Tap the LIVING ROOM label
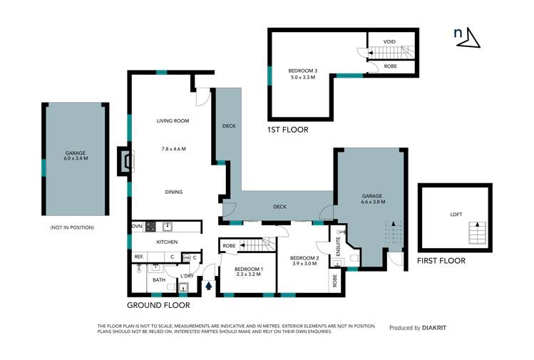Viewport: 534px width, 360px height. (173, 121)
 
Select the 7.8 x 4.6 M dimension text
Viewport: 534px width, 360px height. (173, 149)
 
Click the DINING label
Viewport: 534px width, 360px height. (173, 192)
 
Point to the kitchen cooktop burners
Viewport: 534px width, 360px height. (150, 227)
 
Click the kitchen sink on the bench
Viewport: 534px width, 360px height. (168, 227)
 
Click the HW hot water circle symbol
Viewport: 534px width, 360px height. (186, 257)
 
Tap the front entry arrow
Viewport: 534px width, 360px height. (208, 286)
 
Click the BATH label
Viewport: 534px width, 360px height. (158, 280)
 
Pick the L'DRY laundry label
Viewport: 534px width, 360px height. (187, 276)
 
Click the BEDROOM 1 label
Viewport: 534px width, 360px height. (250, 269)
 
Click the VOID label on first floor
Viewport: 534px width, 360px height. (389, 42)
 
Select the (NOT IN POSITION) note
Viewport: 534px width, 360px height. (71, 227)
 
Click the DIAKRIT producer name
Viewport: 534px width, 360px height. (440, 328)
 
